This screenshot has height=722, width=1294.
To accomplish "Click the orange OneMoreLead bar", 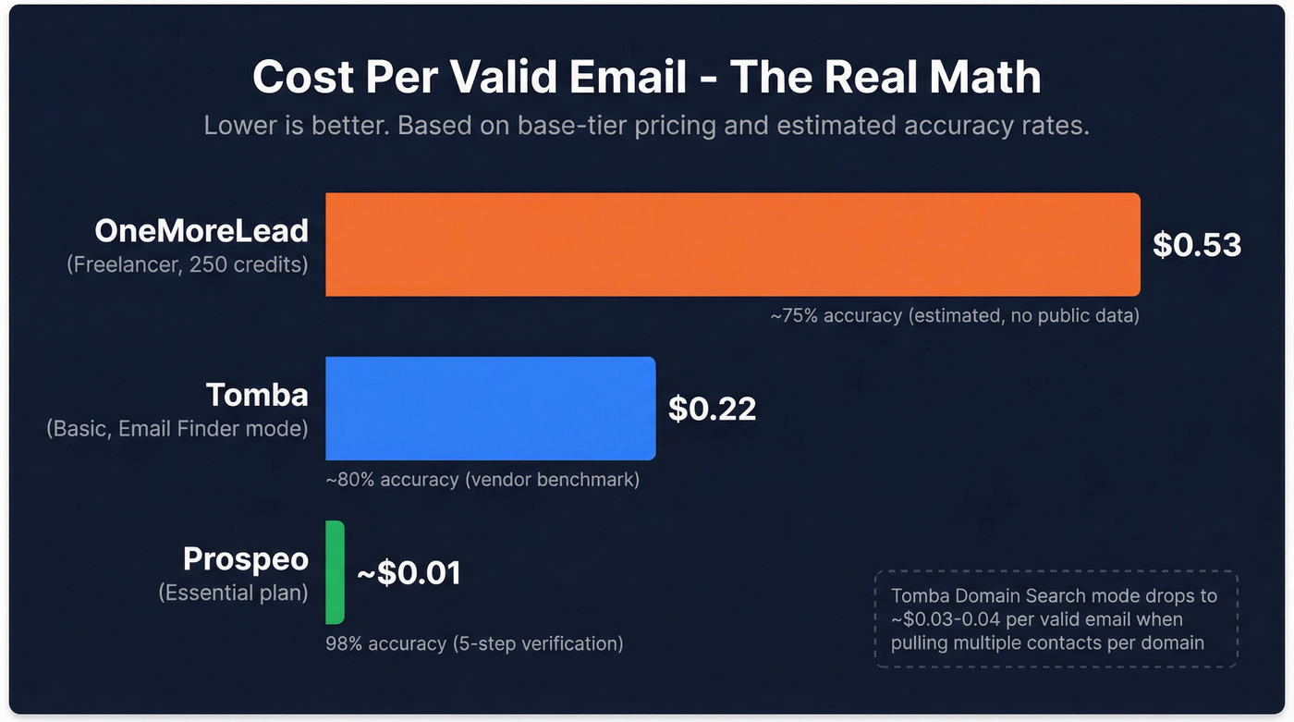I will pyautogui.click(x=732, y=244).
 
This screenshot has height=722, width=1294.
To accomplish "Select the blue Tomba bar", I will pyautogui.click(x=490, y=408).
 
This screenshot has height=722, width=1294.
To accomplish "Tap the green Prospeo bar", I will pyautogui.click(x=335, y=571).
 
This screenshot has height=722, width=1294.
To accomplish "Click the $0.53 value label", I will pyautogui.click(x=1196, y=244).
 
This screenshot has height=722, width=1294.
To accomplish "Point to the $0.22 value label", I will pyautogui.click(x=712, y=408).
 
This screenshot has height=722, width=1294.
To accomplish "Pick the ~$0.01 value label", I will pyautogui.click(x=409, y=572).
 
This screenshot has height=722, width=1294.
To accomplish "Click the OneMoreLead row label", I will pyautogui.click(x=201, y=231).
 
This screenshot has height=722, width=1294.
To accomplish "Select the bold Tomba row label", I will pyautogui.click(x=257, y=395).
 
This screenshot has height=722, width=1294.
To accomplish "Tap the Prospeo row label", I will pyautogui.click(x=245, y=559).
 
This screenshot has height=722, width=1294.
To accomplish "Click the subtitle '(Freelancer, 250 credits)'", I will pyautogui.click(x=187, y=264).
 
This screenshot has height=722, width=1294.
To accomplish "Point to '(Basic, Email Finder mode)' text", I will pyautogui.click(x=177, y=428).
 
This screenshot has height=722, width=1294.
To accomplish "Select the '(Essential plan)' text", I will pyautogui.click(x=233, y=593).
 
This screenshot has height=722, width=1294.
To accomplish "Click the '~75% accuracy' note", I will pyautogui.click(x=954, y=316).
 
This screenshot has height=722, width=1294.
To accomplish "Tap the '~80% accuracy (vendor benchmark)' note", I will pyautogui.click(x=482, y=480).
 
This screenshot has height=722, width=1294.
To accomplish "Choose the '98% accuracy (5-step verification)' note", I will pyautogui.click(x=474, y=643).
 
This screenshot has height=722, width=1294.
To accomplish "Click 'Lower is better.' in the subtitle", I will pyautogui.click(x=298, y=126).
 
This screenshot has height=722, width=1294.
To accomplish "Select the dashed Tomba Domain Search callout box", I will pyautogui.click(x=1055, y=618).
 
